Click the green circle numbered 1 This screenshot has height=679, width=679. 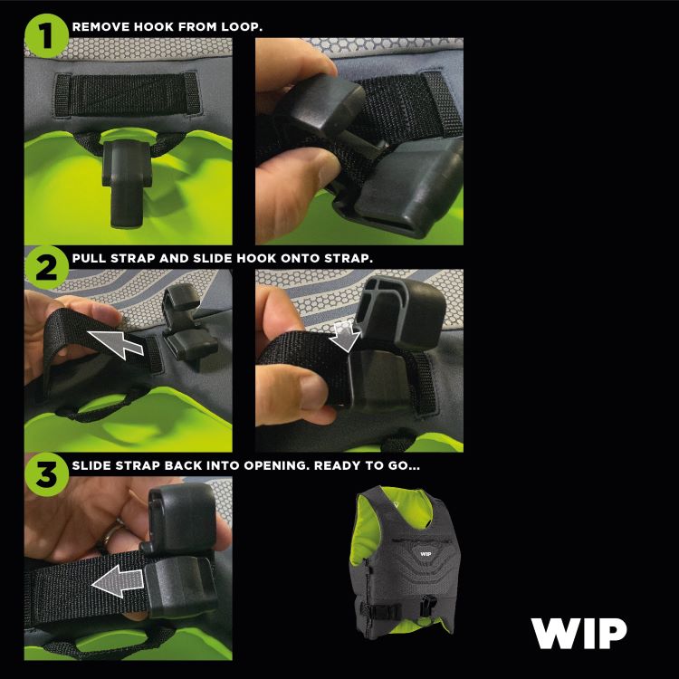tap(45, 36)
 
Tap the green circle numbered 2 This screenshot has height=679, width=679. tap(45, 267)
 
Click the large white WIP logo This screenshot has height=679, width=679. tap(579, 633)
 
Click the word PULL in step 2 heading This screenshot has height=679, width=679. tap(91, 258)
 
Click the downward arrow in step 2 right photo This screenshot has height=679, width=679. tap(346, 337)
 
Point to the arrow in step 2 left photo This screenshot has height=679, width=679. tap(120, 343)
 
